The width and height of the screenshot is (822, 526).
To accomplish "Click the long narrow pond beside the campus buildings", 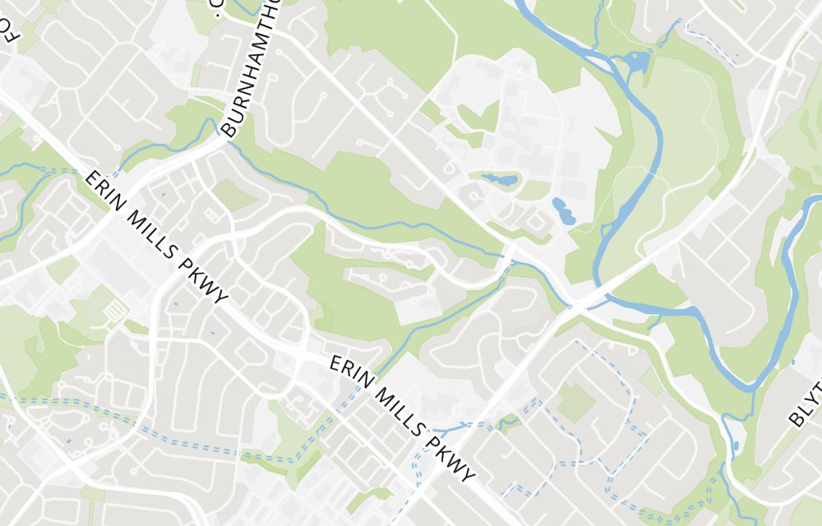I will [x=499, y=178].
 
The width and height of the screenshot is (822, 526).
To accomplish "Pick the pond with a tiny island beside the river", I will [x=635, y=62].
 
